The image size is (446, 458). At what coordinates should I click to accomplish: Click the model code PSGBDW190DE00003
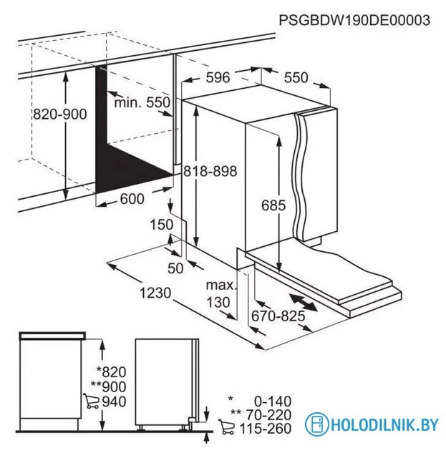(x=354, y=21)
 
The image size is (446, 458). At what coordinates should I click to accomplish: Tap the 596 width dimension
(x=218, y=77)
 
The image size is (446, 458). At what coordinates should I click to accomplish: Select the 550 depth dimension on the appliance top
(x=296, y=78)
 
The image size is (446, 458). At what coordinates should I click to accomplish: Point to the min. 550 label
(x=142, y=102)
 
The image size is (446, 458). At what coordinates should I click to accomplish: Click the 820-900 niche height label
(x=60, y=114)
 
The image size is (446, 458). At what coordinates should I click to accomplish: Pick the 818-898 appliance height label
(x=210, y=171)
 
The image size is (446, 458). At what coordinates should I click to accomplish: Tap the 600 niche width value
(x=132, y=199)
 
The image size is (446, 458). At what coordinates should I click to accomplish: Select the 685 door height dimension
(x=273, y=205)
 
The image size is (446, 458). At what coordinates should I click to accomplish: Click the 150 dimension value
(x=162, y=225)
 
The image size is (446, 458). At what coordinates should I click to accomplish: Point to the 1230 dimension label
(x=155, y=293)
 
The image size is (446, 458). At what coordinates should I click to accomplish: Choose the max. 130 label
(x=221, y=293)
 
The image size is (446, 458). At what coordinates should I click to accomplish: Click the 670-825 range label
(x=278, y=316)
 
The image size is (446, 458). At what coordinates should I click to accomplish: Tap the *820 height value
(x=112, y=372)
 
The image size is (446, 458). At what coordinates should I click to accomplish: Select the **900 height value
(x=108, y=386)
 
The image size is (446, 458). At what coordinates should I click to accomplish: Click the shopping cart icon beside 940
(x=91, y=401)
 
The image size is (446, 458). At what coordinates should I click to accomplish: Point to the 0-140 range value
(x=273, y=401)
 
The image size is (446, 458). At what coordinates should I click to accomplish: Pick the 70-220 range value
(x=269, y=415)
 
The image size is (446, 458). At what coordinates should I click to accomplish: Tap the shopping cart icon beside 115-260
(x=226, y=427)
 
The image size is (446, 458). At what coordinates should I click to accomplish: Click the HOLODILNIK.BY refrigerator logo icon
(x=316, y=424)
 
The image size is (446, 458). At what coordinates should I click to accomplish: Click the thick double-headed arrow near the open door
(x=303, y=303)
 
